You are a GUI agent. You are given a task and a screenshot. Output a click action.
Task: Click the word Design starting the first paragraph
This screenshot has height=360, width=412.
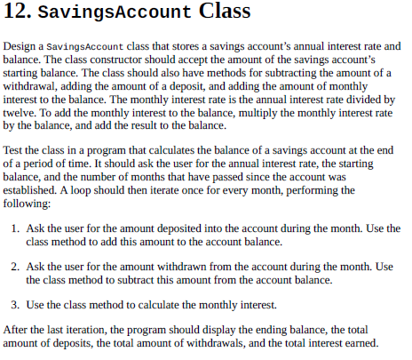[x=21, y=44]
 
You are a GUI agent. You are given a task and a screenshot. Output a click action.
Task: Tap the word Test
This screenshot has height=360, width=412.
[x=14, y=151]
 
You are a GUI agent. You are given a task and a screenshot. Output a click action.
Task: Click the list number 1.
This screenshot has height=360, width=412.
[x=17, y=228]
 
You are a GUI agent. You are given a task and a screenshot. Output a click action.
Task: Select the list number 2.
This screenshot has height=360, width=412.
[x=17, y=266]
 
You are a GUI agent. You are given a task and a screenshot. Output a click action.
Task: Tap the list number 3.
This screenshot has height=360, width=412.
[x=17, y=304]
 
